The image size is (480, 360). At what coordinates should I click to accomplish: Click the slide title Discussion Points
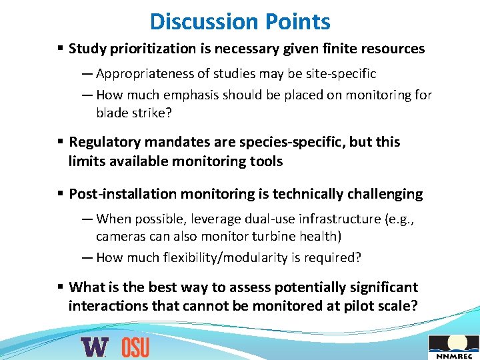pyautogui.click(x=240, y=21)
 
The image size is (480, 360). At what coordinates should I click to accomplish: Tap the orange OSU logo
pyautogui.click(x=135, y=347)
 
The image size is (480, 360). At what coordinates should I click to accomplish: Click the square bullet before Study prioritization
pyautogui.click(x=60, y=49)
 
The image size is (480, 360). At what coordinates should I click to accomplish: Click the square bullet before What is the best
pyautogui.click(x=60, y=287)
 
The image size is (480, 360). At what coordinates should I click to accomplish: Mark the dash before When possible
pyautogui.click(x=87, y=219)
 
